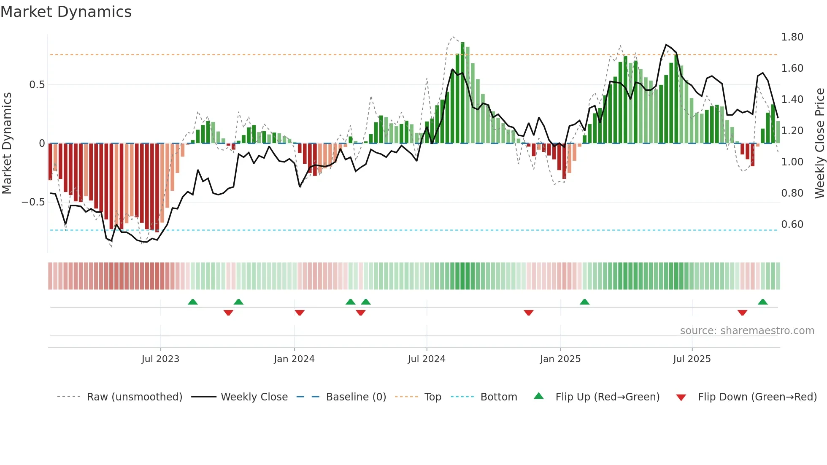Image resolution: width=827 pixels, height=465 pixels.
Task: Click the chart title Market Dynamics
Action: [x=66, y=12]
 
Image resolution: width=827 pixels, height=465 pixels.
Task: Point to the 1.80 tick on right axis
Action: [x=792, y=37]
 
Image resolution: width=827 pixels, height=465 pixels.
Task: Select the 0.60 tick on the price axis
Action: [x=792, y=224]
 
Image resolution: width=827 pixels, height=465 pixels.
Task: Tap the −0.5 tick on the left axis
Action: [x=33, y=202]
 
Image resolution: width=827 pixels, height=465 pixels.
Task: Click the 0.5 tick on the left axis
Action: [x=37, y=85]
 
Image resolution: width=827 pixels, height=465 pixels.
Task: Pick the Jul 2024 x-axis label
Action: [x=426, y=359]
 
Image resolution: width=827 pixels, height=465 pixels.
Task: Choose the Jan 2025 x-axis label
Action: [x=560, y=359]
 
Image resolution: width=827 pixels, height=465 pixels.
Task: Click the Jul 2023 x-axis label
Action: [x=160, y=359]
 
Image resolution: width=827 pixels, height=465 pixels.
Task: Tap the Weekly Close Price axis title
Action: [x=819, y=143]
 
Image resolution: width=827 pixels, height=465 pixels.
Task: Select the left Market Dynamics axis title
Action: [x=7, y=143]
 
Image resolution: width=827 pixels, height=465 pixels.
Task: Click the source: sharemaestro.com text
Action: [x=747, y=331]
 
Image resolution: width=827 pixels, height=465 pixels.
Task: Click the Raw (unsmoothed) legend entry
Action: [x=134, y=397]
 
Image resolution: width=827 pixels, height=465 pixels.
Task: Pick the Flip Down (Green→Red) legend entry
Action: [x=757, y=397]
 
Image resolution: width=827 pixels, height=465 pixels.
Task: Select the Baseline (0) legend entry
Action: [x=356, y=397]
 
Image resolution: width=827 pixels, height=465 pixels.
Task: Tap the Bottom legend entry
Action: [x=498, y=397]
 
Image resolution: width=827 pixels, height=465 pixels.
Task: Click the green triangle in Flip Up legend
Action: [x=539, y=396]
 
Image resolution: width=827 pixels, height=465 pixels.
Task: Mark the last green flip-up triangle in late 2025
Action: [x=762, y=302]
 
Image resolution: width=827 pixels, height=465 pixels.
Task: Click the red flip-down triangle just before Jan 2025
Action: [x=529, y=312]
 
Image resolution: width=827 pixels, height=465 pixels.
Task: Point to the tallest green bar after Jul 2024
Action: [x=462, y=93]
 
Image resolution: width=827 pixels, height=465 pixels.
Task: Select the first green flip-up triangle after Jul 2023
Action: [x=192, y=302]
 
